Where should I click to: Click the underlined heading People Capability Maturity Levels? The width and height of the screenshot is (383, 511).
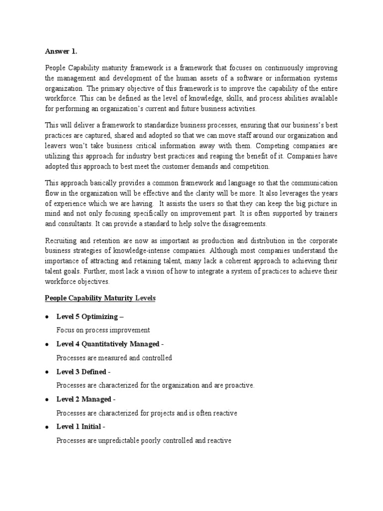(100, 298)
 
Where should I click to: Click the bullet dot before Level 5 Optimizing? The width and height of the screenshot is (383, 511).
(46, 317)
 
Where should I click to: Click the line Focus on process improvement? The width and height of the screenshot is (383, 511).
(103, 330)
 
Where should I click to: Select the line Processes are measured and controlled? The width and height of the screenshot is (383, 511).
(114, 358)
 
